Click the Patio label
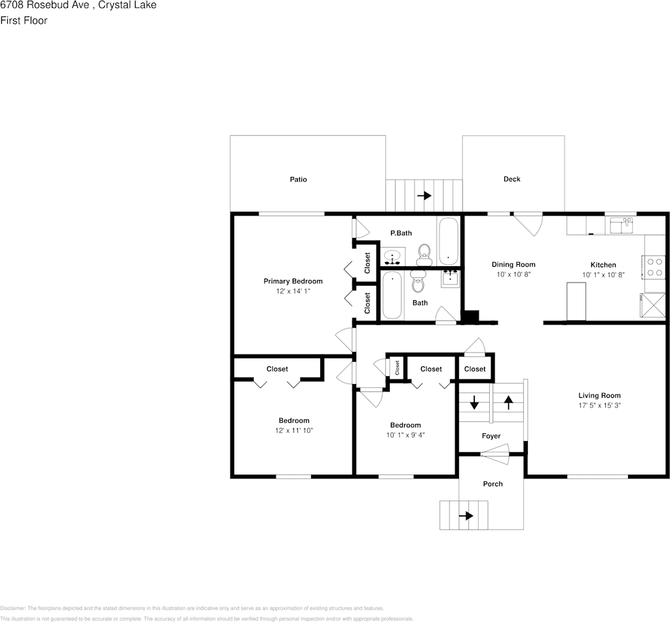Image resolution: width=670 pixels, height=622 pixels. coord(298,180)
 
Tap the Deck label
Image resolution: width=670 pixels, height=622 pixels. coord(512,179)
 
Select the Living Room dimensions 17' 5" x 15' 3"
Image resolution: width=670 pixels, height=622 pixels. coord(599,406)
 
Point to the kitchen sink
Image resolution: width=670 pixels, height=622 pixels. coord(620,226)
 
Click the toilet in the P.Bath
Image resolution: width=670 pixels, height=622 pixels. coord(424,252)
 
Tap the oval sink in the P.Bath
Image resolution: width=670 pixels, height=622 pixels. coord(393,256)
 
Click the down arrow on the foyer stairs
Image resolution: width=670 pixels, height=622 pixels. coord(474,402)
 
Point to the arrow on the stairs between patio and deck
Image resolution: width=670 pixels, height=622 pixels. coord(424,195)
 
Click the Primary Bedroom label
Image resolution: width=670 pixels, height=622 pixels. coord(293,281)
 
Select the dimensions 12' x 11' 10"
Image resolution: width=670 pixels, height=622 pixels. coord(293,431)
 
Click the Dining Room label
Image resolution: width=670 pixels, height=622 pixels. coord(513,265)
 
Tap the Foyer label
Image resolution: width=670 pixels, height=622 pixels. coord(491,436)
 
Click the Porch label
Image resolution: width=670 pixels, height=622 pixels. coord(493,484)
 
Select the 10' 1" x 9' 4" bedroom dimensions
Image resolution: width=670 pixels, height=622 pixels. coord(405,435)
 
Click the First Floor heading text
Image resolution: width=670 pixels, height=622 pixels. coord(24,21)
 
